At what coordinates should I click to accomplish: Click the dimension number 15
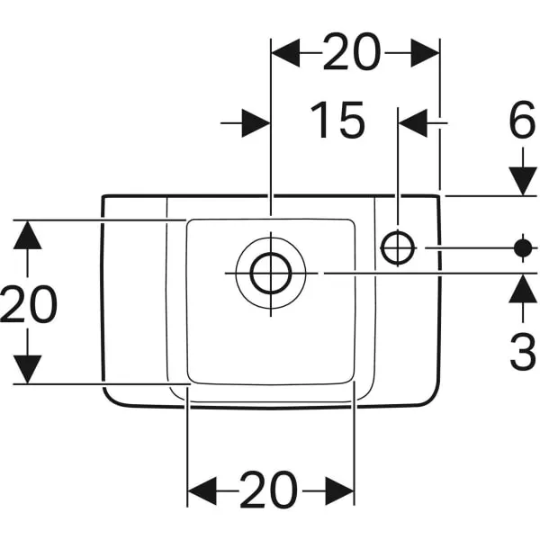click(x=337, y=121)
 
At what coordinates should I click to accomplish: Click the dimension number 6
click(x=522, y=120)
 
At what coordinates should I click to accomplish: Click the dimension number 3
click(x=523, y=351)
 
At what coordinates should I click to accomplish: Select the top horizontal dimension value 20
click(x=352, y=52)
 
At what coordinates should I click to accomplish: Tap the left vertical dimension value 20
click(x=28, y=304)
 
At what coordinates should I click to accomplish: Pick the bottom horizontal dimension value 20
click(x=268, y=490)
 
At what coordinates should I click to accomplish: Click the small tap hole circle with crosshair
click(x=398, y=247)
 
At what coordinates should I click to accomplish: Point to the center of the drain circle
click(x=271, y=274)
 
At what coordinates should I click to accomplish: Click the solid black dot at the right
click(x=523, y=247)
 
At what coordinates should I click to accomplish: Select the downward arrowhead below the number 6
click(x=523, y=181)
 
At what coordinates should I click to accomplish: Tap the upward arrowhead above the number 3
click(x=523, y=289)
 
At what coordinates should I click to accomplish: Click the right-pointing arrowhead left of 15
click(x=256, y=123)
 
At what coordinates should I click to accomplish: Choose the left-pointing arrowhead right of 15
click(x=413, y=123)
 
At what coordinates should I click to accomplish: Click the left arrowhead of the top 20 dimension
click(x=285, y=53)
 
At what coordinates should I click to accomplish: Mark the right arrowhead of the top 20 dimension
click(x=426, y=53)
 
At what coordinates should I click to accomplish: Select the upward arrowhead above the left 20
click(x=28, y=235)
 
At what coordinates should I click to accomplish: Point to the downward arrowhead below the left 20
click(x=28, y=369)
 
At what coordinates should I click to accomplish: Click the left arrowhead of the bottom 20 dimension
click(x=202, y=490)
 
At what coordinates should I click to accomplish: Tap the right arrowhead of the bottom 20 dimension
click(x=339, y=490)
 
